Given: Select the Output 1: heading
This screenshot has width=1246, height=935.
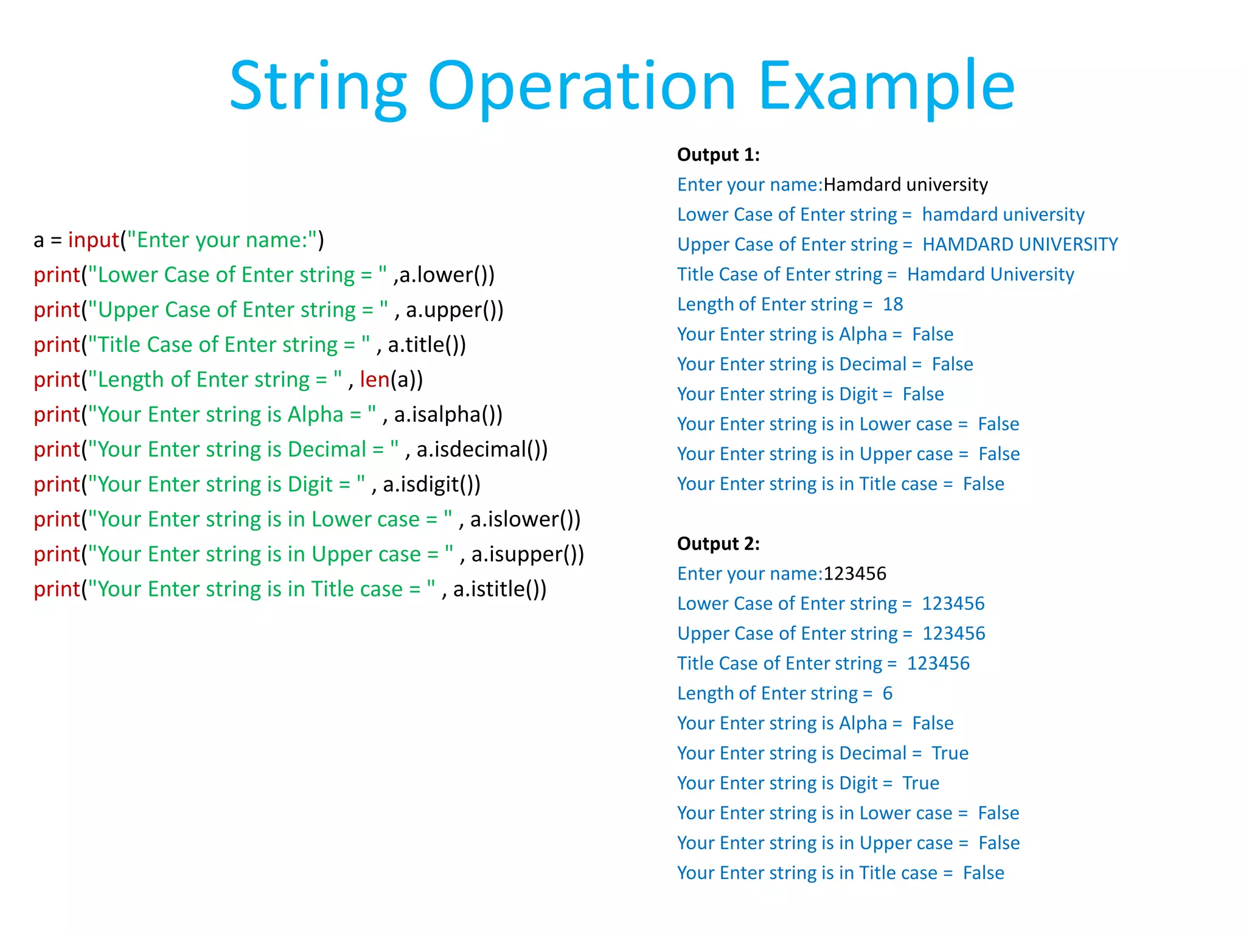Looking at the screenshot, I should [718, 155].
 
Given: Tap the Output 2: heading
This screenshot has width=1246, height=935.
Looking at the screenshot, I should [718, 544].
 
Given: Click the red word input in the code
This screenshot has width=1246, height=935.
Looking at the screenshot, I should [93, 240].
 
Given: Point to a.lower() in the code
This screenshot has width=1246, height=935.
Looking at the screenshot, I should [447, 275].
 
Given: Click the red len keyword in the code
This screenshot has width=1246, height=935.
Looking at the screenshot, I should [374, 380].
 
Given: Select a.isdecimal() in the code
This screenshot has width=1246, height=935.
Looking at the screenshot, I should [482, 450].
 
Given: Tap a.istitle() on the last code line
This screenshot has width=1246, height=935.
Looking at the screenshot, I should [499, 589].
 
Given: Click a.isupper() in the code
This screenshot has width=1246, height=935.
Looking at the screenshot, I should [527, 555].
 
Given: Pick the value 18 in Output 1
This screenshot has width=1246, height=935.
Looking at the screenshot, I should [893, 304].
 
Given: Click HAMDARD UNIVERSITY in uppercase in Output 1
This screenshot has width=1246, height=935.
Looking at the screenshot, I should [1020, 245].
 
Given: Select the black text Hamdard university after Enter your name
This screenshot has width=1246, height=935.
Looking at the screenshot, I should [905, 185].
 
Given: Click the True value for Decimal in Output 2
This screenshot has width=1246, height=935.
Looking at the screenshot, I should [950, 754].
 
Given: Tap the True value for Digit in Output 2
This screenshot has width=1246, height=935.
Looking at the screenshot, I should [921, 783].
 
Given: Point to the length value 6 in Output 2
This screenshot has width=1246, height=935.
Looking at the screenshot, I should [888, 693].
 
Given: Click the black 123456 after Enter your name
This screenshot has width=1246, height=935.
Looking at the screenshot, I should [855, 574].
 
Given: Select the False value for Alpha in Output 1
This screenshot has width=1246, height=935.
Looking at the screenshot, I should [933, 334].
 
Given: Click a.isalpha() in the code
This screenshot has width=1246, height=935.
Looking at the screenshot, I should [448, 415].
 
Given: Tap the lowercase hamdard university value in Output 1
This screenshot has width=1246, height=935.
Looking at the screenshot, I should [1003, 215].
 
